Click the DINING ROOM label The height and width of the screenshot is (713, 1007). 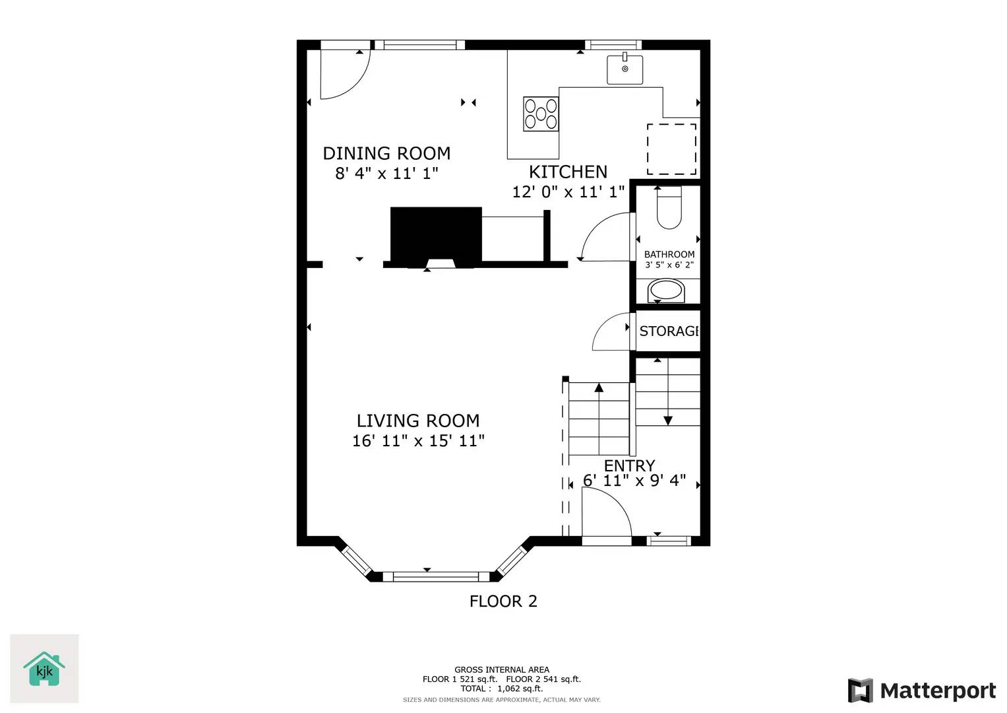pos(386,153)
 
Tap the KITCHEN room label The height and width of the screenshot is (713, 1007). pos(568,172)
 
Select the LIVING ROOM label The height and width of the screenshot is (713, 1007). pos(417,421)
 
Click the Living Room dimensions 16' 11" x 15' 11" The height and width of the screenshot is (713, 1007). pos(418,441)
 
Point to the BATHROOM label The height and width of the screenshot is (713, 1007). pos(669,254)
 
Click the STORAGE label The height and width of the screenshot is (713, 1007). pos(668,331)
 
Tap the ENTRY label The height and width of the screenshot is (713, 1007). pos(629,465)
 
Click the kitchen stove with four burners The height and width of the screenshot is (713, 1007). pos(541,114)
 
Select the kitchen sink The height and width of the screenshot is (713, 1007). pos(625,69)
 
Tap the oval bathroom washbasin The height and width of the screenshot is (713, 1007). pos(666,290)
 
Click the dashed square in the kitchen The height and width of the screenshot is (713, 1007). pos(671,149)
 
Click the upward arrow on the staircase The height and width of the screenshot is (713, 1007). pos(599,389)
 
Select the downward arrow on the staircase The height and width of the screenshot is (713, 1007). pos(667,419)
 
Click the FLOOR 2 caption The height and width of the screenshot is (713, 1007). pos(503,601)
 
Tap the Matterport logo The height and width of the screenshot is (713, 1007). pos(921,691)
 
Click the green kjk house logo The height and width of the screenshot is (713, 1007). pos(44,669)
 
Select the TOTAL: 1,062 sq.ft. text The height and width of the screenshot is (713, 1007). pos(501,689)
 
